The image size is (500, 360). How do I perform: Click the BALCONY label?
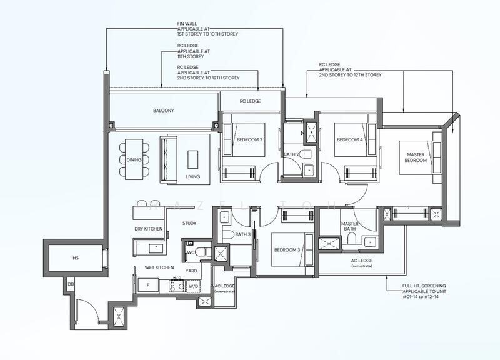coord(164,111)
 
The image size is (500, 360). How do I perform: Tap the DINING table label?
coord(134,160)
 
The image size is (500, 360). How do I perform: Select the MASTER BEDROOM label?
coord(416,157)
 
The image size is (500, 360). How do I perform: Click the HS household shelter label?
coord(76,258)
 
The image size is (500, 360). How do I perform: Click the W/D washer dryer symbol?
coord(193,286)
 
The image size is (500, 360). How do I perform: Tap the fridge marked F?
coord(148,285)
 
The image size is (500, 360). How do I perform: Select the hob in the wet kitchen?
coord(177,286)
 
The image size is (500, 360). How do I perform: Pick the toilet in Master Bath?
coord(351,238)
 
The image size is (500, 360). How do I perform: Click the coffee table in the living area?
coord(192,159)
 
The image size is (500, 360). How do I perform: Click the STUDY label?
coord(189,223)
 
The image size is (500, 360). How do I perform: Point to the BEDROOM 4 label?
coord(350,139)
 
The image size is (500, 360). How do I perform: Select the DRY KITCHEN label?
coord(149,229)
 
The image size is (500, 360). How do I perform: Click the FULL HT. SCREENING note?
coord(424,291)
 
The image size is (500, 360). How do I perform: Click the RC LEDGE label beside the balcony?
coord(251,101)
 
